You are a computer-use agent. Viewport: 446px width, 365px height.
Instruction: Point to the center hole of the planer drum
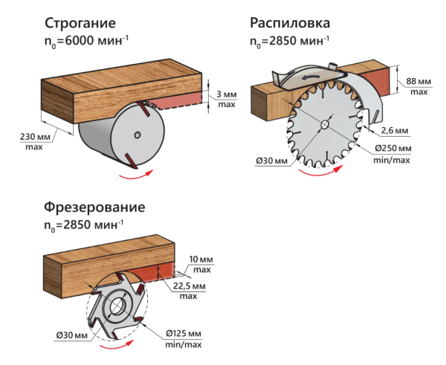pyautogui.click(x=138, y=135)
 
